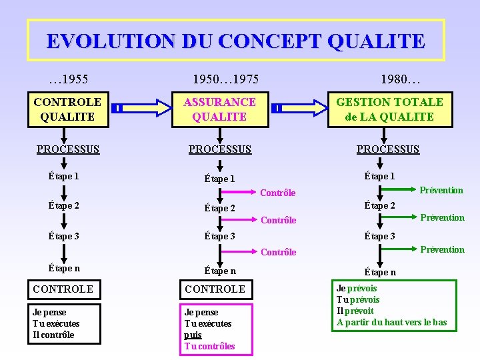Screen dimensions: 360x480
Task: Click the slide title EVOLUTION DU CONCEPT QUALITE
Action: pyautogui.click(x=235, y=41)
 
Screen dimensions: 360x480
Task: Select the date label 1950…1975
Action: pyautogui.click(x=225, y=80)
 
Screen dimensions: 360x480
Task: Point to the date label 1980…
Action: pyautogui.click(x=400, y=80)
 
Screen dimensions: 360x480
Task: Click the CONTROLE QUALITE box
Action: pyautogui.click(x=67, y=109)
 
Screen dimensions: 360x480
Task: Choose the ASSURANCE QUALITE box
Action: pyautogui.click(x=219, y=109)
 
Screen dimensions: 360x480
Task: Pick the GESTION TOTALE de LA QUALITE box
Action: pyautogui.click(x=390, y=109)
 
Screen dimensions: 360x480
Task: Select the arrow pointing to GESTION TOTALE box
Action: pyautogui.click(x=300, y=107)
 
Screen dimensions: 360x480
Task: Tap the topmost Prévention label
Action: pyautogui.click(x=441, y=191)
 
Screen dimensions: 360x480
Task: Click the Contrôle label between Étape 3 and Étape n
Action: pyautogui.click(x=278, y=252)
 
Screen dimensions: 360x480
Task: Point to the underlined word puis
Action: pyautogui.click(x=193, y=335)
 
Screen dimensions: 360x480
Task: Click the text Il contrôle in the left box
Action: pyautogui.click(x=53, y=335)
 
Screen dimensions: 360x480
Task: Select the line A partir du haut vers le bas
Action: pyautogui.click(x=392, y=323)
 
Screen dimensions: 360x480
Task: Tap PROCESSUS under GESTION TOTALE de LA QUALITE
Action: pyautogui.click(x=388, y=149)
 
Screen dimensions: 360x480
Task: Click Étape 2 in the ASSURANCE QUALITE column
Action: pyautogui.click(x=219, y=208)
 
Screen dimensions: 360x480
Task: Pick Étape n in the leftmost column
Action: pyautogui.click(x=64, y=268)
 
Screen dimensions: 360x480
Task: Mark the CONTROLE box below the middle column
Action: pyautogui.click(x=215, y=289)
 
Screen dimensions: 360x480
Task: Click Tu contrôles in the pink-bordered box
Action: pyautogui.click(x=209, y=346)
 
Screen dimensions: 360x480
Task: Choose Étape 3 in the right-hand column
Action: pyautogui.click(x=379, y=236)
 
